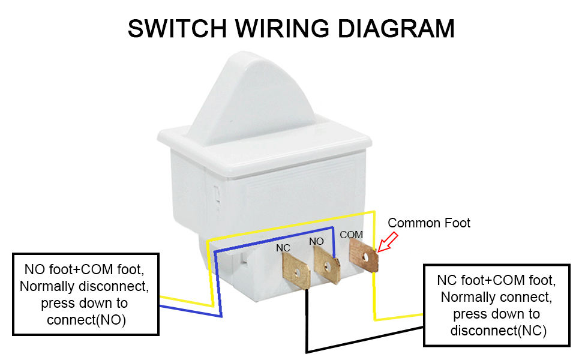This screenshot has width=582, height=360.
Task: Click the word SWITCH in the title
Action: (176, 29)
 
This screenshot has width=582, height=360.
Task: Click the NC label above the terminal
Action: (283, 247)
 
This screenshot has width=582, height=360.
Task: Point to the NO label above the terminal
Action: (316, 241)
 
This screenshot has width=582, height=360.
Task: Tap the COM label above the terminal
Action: (351, 235)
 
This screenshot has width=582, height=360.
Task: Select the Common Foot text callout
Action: (429, 223)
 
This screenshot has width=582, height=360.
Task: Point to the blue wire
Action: (270, 236)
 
